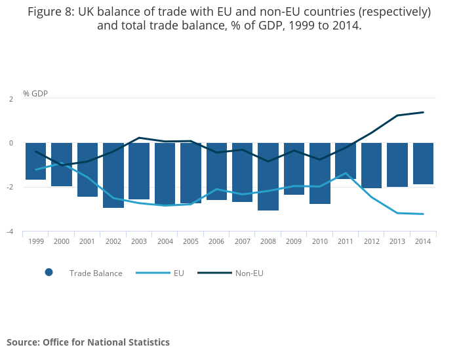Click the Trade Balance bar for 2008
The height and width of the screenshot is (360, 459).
(x=268, y=176)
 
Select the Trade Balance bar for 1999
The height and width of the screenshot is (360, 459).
(x=36, y=161)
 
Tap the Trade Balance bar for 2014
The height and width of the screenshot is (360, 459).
(x=423, y=163)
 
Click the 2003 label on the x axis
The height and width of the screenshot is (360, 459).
(x=139, y=242)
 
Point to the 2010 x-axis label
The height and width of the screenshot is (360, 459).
(x=320, y=242)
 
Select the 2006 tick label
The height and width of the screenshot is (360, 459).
(x=216, y=242)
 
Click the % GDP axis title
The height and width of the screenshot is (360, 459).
(x=35, y=93)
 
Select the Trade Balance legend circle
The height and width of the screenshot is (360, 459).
(x=49, y=273)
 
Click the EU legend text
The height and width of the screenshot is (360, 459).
(x=179, y=273)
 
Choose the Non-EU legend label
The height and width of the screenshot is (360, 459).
(x=249, y=273)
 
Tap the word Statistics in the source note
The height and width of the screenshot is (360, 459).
(x=148, y=342)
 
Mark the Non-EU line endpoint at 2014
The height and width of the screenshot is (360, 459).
(x=423, y=112)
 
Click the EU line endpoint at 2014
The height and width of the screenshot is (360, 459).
(x=423, y=214)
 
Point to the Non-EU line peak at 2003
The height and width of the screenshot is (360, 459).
(x=139, y=138)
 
